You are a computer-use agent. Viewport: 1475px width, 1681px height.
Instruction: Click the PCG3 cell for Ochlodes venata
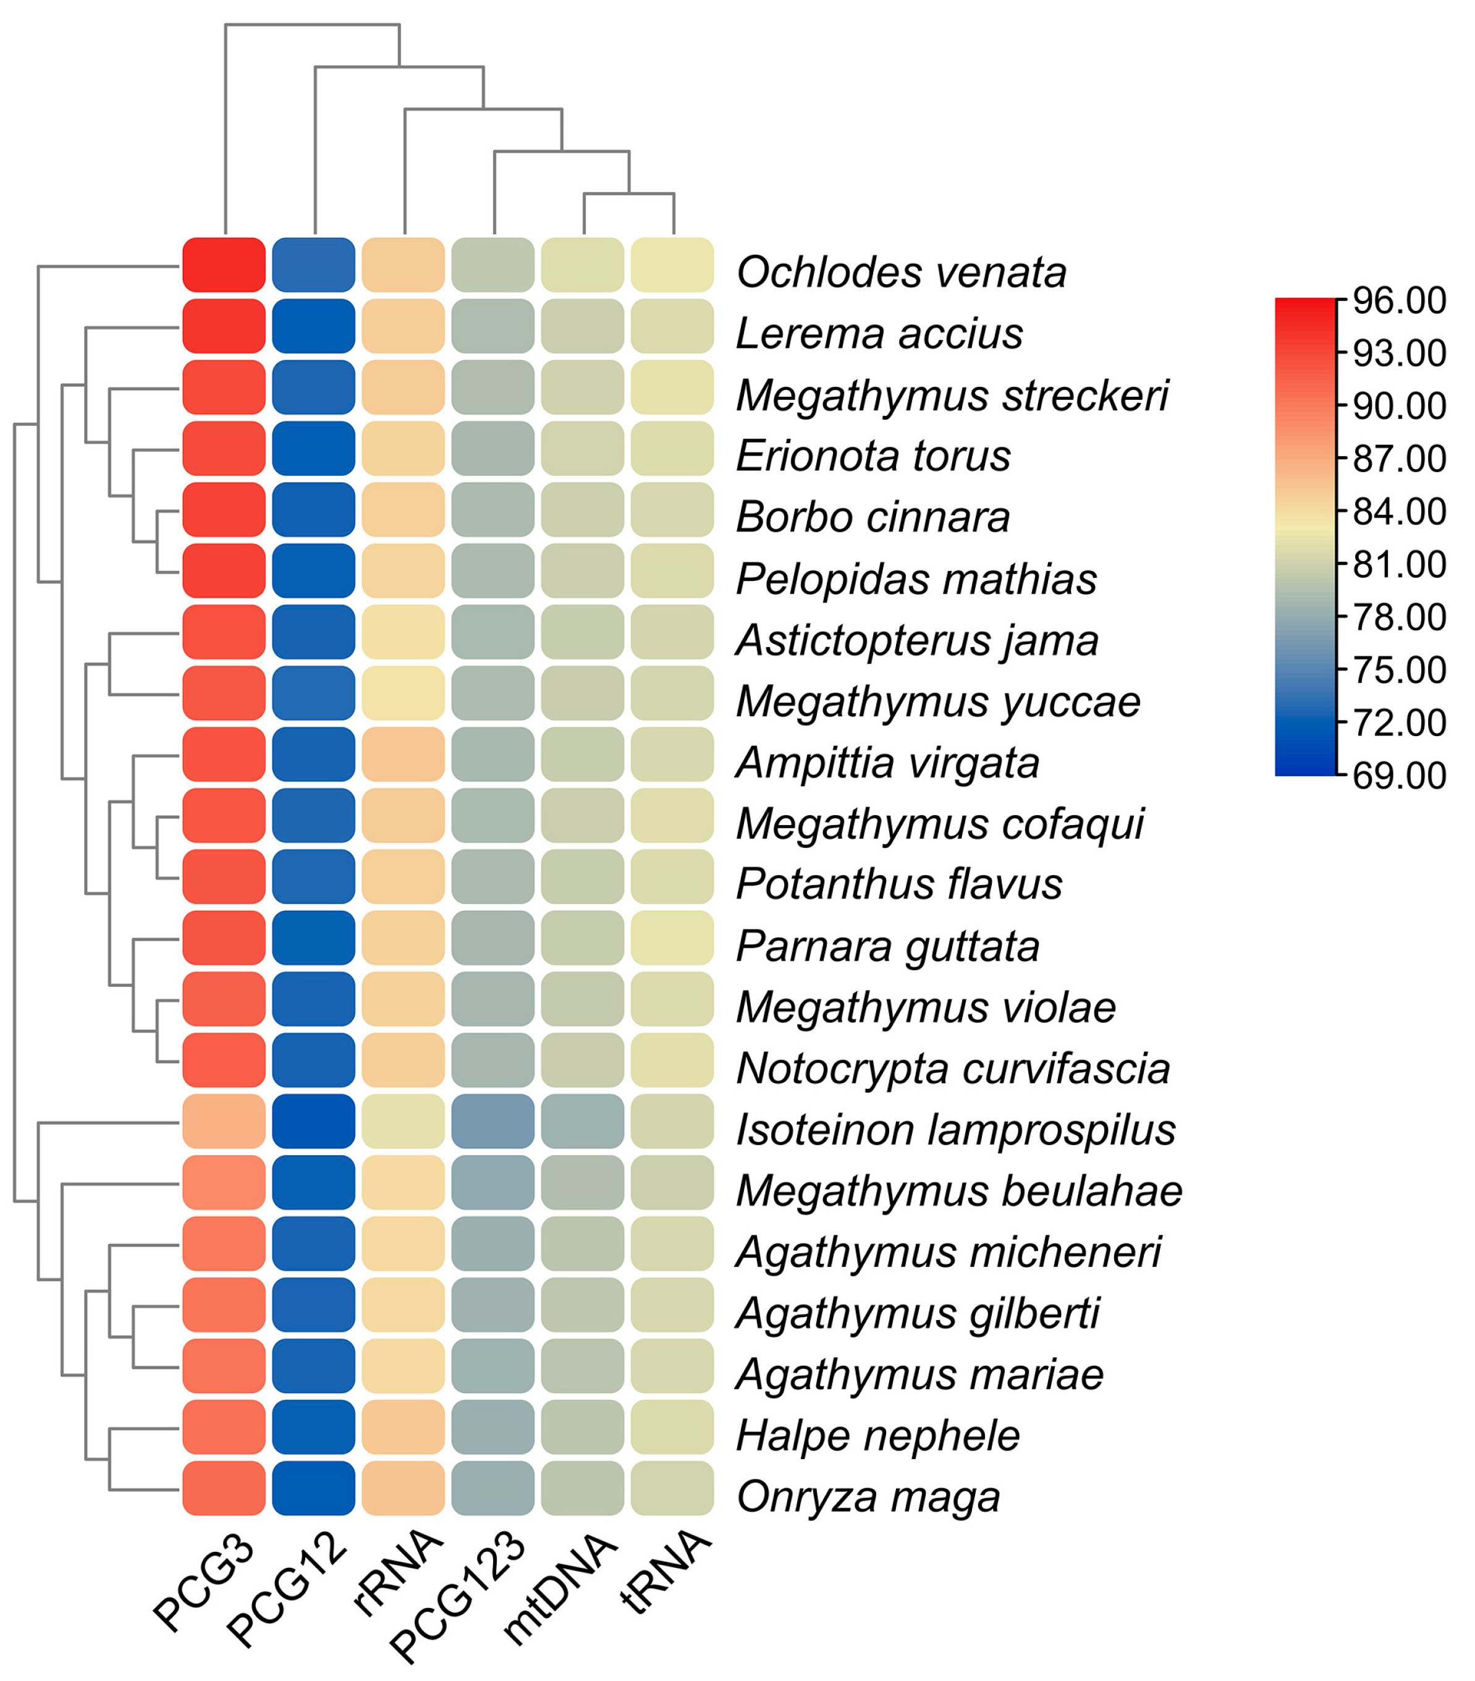pyautogui.click(x=224, y=265)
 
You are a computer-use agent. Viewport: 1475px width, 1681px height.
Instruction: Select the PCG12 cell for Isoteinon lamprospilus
pyautogui.click(x=313, y=1120)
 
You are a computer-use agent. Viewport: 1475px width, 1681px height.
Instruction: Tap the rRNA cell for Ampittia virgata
pyautogui.click(x=403, y=753)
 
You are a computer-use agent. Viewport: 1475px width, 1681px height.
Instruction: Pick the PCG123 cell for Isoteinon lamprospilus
pyautogui.click(x=492, y=1120)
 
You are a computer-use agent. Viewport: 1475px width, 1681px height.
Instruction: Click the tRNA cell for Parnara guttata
pyautogui.click(x=672, y=937)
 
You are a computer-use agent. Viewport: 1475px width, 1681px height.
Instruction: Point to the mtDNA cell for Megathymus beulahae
pyautogui.click(x=582, y=1182)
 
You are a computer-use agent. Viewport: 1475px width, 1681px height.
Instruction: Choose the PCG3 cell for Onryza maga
pyautogui.click(x=224, y=1488)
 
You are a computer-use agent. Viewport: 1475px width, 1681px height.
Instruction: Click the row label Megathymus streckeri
pyautogui.click(x=951, y=395)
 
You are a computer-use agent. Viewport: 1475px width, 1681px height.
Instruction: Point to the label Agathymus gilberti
pyautogui.click(x=917, y=1313)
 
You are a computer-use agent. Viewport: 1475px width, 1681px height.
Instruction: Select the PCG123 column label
pyautogui.click(x=459, y=1594)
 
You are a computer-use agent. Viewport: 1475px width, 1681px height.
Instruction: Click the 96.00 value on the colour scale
pyautogui.click(x=1398, y=301)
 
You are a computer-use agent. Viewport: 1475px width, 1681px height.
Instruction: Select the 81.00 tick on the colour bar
pyautogui.click(x=1398, y=565)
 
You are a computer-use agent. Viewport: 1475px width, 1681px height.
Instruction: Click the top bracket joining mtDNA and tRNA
pyautogui.click(x=629, y=194)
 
